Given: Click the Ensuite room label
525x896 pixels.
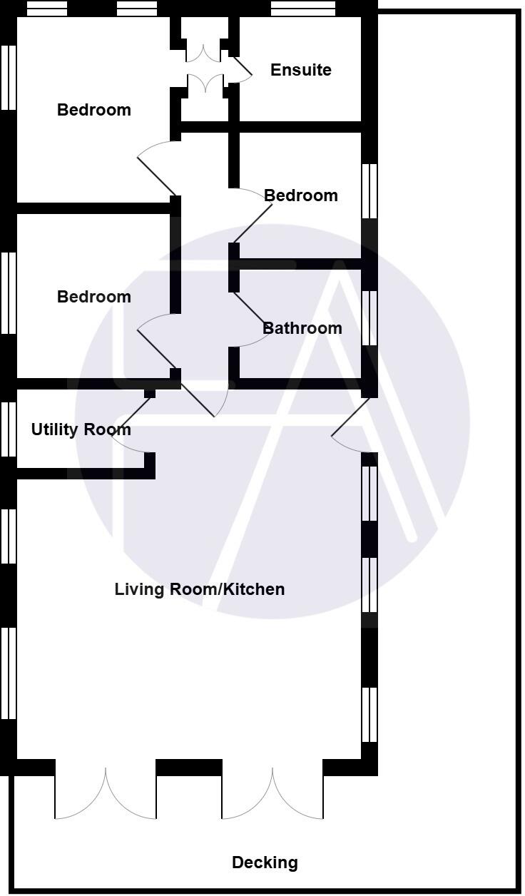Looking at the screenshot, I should pos(300,70).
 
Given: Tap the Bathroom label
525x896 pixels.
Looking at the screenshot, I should pos(302,328).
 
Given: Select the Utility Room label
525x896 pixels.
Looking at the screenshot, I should pos(81,429).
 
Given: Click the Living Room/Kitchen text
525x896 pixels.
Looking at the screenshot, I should pos(200,589).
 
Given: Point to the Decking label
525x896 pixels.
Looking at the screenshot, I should pos(265,862).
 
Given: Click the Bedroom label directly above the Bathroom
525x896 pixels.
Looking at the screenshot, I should pos(300,195).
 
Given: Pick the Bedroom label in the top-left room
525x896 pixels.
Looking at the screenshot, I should pos(93,110).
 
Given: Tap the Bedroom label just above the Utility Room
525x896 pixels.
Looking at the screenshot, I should pos(93,297).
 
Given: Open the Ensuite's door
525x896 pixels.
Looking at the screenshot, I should pos(241,68).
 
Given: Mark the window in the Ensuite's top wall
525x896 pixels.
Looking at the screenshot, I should pos(303,9).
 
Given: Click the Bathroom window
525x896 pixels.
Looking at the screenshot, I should pos(369,317).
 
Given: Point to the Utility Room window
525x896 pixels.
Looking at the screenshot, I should pos(9,429).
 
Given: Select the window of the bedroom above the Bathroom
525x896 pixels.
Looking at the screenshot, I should pos(369,190).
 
